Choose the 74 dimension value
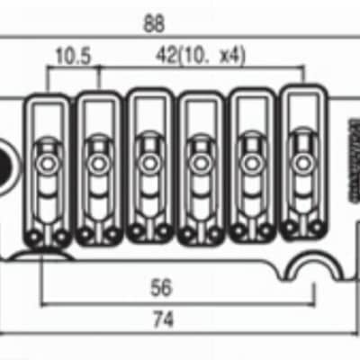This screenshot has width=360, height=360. click(163, 319)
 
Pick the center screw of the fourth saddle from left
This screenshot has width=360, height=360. click(197, 166)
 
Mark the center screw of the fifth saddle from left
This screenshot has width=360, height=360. click(249, 166)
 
